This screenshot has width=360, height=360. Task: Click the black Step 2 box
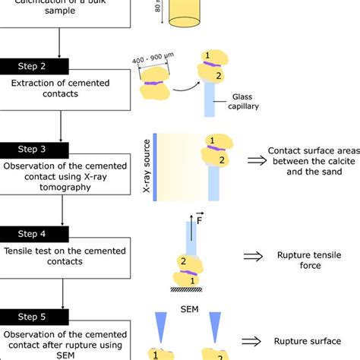click(x=38, y=66)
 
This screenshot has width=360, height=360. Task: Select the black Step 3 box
click(x=38, y=150)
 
